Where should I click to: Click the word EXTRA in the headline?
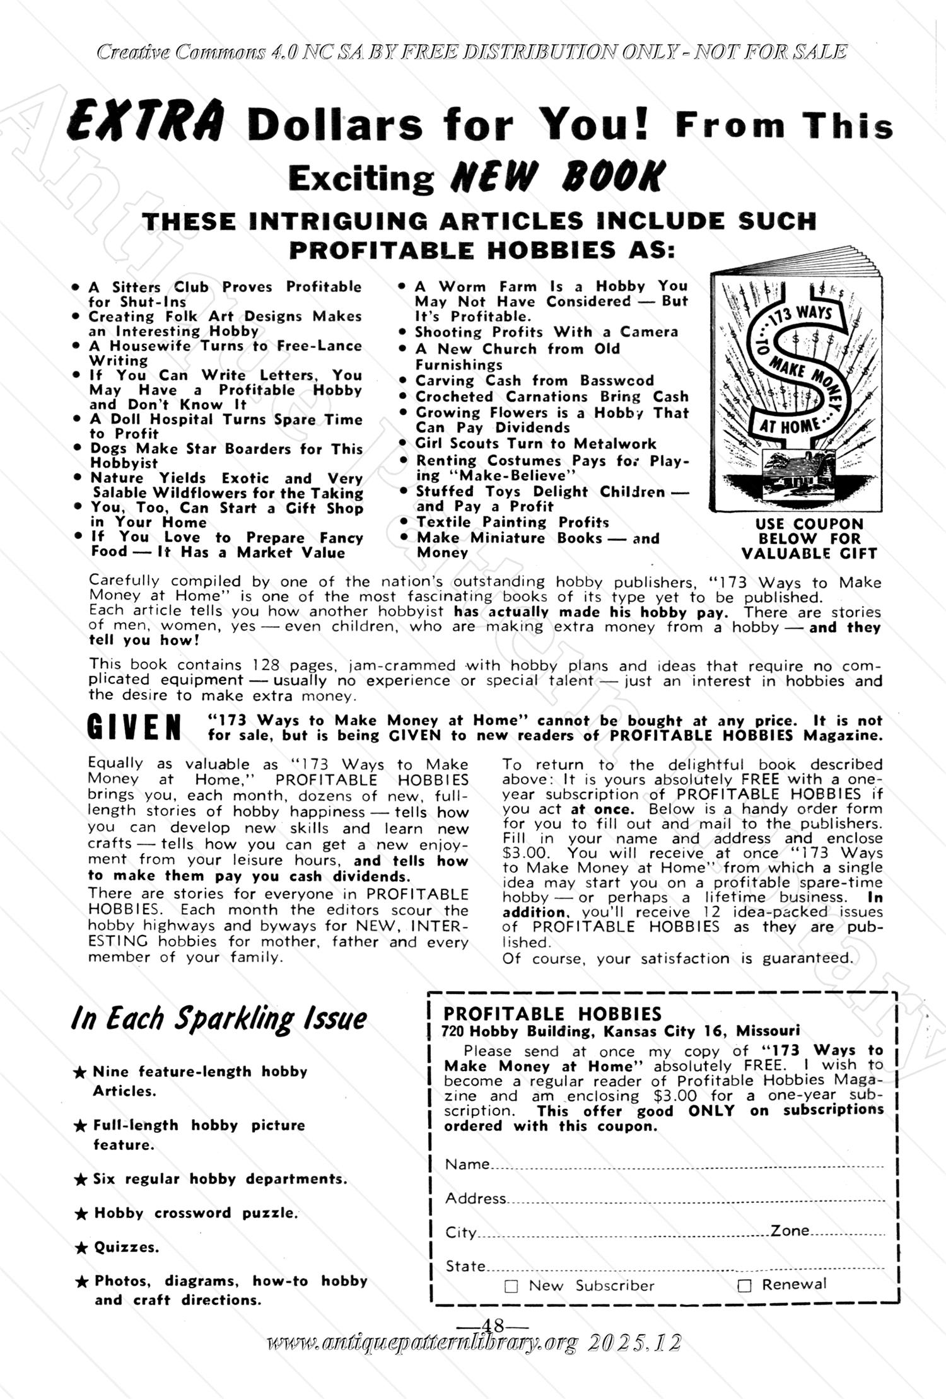coord(146,122)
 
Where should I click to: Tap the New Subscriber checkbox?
coord(511,1287)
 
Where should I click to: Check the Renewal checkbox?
coord(745,1286)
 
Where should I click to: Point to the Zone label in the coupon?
coord(790,1230)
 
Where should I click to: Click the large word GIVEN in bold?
coord(134,728)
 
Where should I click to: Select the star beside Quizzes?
coord(80,1248)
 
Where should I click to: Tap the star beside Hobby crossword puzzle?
coord(80,1214)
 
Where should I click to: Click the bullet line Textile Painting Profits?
coord(512,522)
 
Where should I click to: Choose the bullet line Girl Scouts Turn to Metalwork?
coord(535,443)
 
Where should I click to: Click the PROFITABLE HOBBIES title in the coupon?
coord(552,1013)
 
